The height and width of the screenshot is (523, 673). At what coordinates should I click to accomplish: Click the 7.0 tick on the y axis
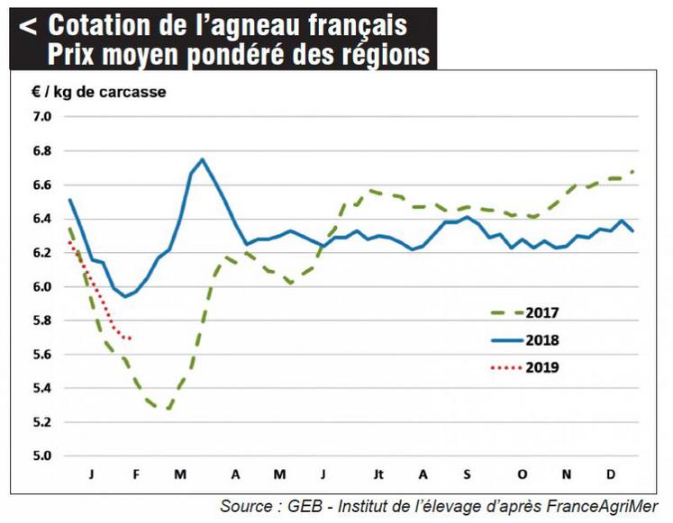pyautogui.click(x=42, y=117)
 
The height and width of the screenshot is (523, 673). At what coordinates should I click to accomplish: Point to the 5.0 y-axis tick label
pyautogui.click(x=42, y=455)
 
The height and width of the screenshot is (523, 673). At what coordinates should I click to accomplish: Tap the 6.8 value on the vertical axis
pyautogui.click(x=42, y=151)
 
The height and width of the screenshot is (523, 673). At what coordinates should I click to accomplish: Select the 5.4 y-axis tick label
pyautogui.click(x=42, y=388)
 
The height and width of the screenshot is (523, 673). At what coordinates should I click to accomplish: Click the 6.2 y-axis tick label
pyautogui.click(x=42, y=253)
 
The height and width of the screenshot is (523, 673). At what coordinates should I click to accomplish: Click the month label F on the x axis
pyautogui.click(x=137, y=474)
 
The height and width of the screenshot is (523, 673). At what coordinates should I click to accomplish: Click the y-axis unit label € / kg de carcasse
pyautogui.click(x=100, y=91)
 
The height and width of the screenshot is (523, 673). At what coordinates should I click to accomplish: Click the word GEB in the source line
pyautogui.click(x=306, y=506)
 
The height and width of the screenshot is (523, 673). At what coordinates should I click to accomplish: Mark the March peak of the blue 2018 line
pyautogui.click(x=202, y=159)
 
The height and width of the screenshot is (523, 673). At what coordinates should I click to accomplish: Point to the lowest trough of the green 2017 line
pyautogui.click(x=167, y=408)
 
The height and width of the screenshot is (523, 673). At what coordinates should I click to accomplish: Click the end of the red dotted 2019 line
pyautogui.click(x=132, y=338)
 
